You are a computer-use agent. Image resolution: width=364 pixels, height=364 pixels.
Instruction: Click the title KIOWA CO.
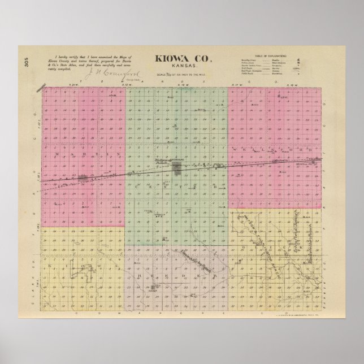[181, 58]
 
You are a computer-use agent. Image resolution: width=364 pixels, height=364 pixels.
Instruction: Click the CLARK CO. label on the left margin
[35, 283]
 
